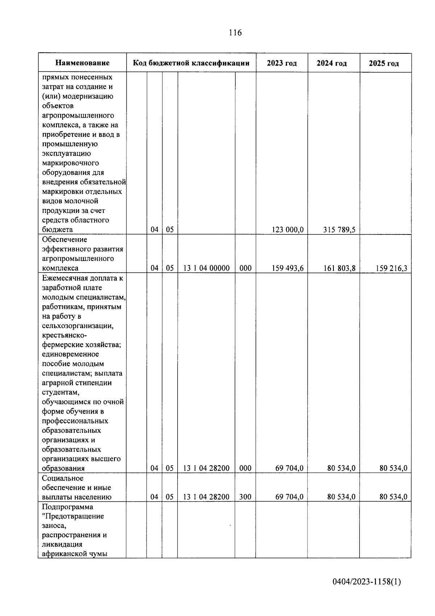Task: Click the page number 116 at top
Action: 235,33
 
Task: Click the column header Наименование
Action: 82,63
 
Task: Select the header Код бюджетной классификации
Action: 191,63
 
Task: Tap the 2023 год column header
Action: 282,63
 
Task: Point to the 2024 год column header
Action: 331,63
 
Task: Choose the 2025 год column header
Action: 384,63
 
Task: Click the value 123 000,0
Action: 287,230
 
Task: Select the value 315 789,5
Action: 339,230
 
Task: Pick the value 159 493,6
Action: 287,268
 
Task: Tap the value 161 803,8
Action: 339,268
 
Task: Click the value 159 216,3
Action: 391,268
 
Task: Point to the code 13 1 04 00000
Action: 206,268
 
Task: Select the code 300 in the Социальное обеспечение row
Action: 245,497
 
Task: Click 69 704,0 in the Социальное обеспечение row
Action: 289,497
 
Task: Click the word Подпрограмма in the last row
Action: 67,507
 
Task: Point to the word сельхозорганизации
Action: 78,326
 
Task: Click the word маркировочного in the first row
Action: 70,163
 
